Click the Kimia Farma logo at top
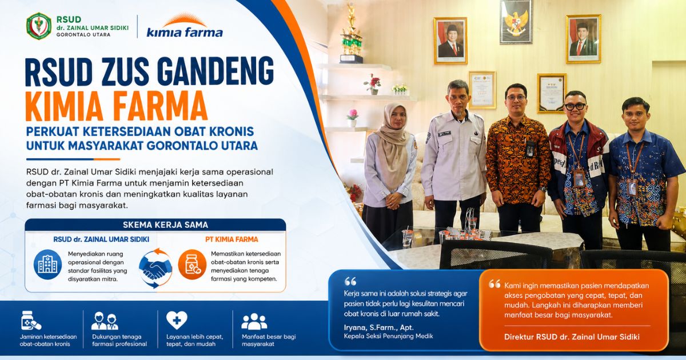point(185,26)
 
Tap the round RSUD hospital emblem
point(39,26)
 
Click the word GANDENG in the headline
point(217,71)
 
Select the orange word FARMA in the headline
point(160,106)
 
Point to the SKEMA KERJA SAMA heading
point(165,225)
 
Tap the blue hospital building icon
point(47,265)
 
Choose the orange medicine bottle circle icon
point(193,265)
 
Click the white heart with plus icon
point(177,320)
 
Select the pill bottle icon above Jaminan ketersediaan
point(31,321)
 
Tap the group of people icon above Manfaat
point(254,321)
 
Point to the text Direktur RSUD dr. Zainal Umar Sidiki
point(572,337)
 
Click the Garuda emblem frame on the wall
point(516,22)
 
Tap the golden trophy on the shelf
point(351,34)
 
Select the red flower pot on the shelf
point(373,84)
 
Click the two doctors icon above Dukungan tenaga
point(105,321)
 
